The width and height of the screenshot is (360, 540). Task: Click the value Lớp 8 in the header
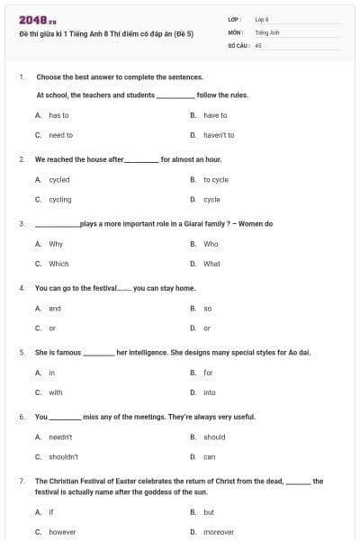tap(262, 18)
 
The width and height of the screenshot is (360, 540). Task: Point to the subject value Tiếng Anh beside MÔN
tap(265, 31)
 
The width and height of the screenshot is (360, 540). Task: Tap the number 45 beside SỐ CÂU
tap(258, 44)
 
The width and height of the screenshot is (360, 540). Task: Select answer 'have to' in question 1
tap(215, 115)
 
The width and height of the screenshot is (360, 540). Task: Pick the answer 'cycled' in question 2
tap(58, 180)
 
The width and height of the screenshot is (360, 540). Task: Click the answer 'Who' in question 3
tap(211, 244)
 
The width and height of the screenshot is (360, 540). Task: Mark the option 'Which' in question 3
tap(58, 264)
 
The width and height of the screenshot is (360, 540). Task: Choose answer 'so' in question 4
tap(207, 308)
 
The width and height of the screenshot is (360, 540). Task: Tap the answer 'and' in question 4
tap(55, 308)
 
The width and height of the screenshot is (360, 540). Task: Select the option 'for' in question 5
tap(208, 373)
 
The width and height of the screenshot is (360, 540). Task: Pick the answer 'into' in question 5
tap(210, 392)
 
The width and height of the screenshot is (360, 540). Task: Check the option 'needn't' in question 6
tap(60, 436)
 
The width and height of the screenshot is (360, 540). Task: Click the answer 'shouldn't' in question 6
tap(63, 456)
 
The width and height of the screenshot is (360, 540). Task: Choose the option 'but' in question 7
tap(209, 512)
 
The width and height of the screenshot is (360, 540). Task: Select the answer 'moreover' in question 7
tap(219, 532)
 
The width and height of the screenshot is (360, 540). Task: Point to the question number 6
tap(22, 417)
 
